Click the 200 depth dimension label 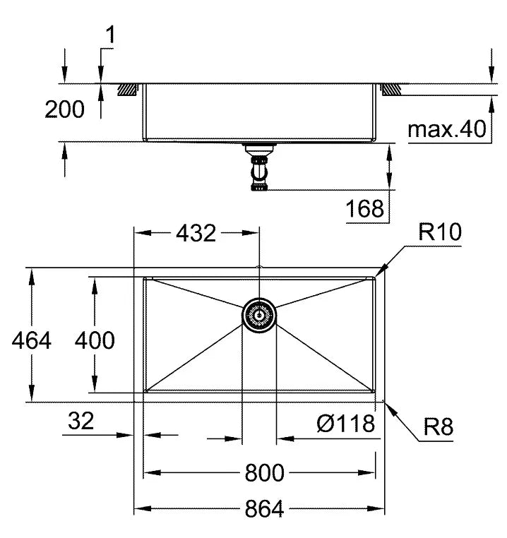point(64,109)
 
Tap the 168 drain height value point(365,208)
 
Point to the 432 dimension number point(195,233)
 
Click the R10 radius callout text point(439,233)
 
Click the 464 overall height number point(32,340)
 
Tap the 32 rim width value point(82,422)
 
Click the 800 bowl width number point(264,473)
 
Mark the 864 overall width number point(264,508)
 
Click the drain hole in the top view point(259,314)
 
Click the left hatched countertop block point(127,90)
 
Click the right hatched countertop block point(391,90)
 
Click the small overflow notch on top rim point(259,268)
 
